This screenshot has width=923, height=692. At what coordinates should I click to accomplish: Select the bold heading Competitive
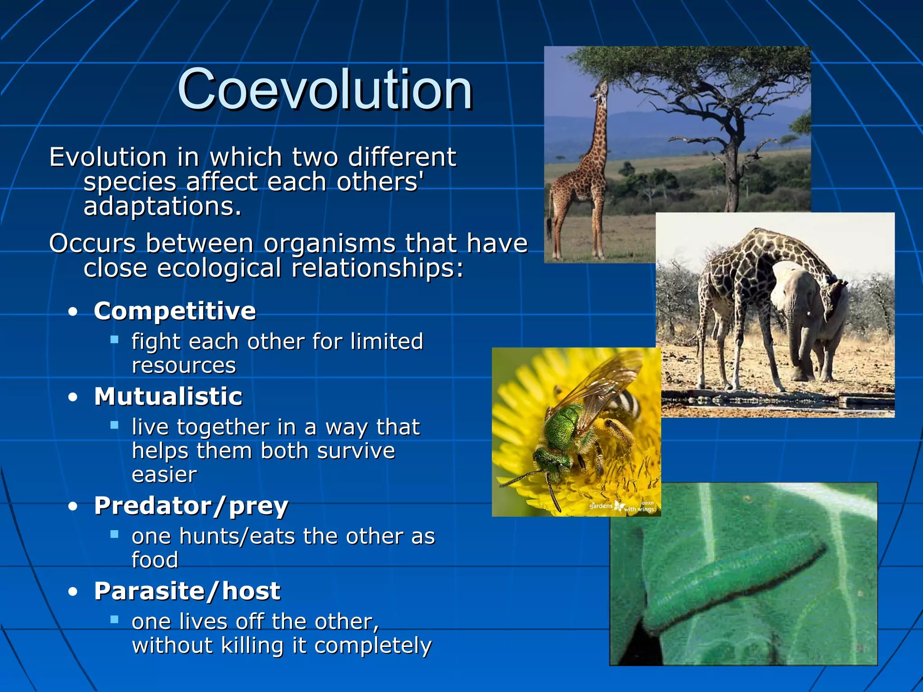175,311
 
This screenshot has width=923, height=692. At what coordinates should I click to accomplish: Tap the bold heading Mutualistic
168,396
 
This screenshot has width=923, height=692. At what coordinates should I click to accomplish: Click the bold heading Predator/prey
191,505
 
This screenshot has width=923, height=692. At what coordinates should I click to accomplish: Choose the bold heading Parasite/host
187,591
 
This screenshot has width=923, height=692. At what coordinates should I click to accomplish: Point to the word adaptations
163,207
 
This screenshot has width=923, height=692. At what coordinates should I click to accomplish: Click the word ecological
219,268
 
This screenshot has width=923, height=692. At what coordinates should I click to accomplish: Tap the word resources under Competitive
183,365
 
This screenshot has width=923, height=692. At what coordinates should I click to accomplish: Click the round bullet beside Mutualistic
73,397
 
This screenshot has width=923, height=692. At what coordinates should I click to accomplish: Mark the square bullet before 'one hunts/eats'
114,534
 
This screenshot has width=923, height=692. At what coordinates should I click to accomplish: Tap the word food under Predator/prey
155,560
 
